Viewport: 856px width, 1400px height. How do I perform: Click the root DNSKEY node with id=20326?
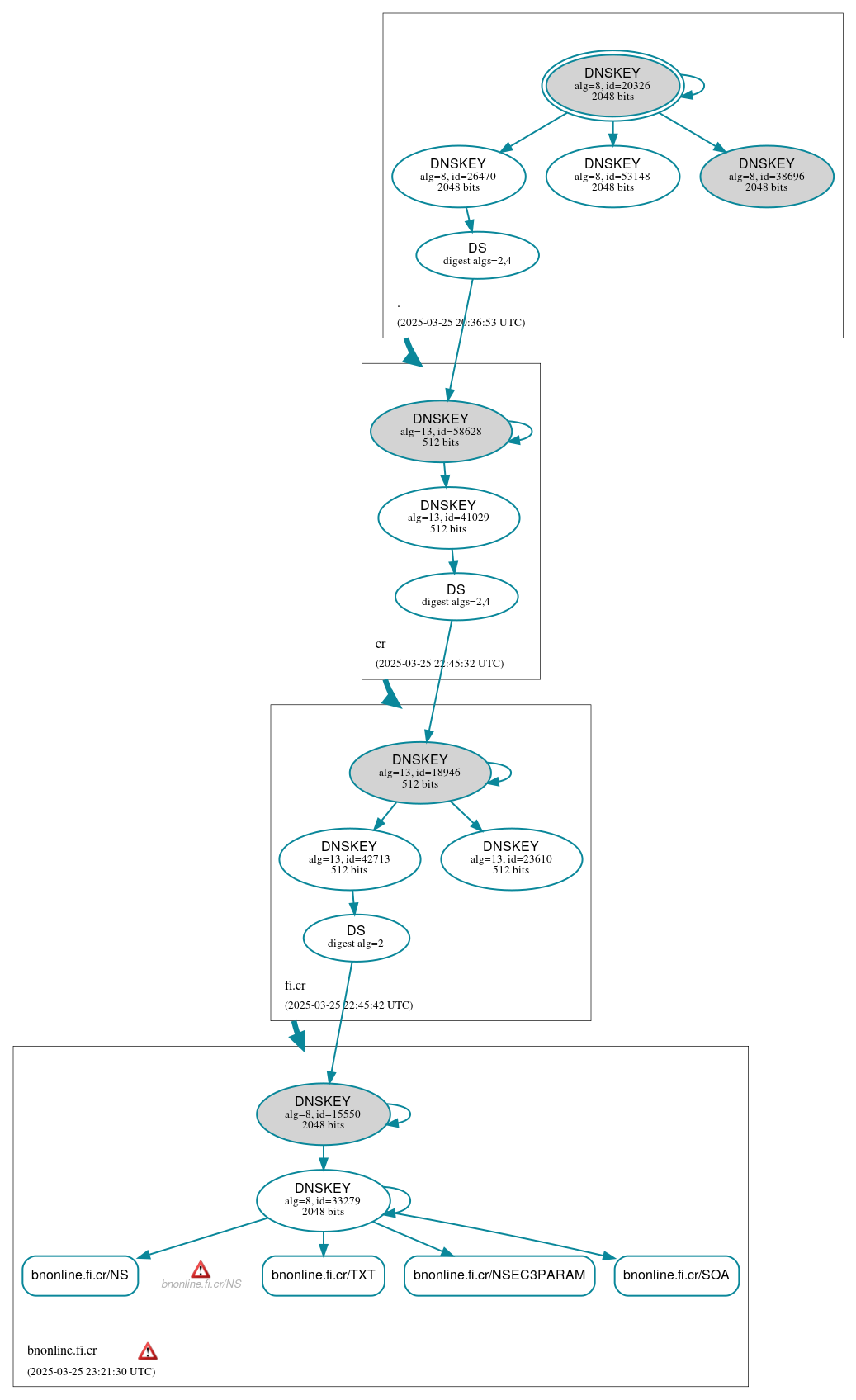(x=612, y=85)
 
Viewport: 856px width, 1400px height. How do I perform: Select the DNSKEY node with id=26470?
(x=458, y=176)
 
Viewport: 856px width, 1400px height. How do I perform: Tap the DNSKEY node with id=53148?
(x=612, y=176)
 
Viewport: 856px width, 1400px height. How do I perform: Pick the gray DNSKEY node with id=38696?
(x=766, y=176)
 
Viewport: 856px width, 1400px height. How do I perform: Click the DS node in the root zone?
(x=477, y=255)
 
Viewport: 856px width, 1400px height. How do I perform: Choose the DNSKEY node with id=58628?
(x=441, y=431)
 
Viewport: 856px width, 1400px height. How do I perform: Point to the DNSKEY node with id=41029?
(x=448, y=518)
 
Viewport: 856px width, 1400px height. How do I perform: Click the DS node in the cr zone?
(x=456, y=596)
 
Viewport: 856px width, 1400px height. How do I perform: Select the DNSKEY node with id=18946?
(x=420, y=773)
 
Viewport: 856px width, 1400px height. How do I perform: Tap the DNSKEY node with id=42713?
(x=349, y=858)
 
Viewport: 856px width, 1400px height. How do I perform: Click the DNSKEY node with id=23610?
(x=511, y=858)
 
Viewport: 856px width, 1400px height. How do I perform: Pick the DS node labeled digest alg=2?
(x=356, y=938)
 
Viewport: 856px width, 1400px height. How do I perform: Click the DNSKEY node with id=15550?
(x=323, y=1114)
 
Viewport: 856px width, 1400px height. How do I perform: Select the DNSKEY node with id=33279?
(x=323, y=1200)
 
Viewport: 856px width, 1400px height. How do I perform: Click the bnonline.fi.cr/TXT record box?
(x=323, y=1275)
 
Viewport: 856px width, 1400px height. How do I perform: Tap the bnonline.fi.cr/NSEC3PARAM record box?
(x=499, y=1275)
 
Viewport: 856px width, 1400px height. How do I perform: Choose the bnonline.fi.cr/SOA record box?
(x=676, y=1275)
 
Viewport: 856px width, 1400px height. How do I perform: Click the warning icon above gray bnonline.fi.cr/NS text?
(x=201, y=1270)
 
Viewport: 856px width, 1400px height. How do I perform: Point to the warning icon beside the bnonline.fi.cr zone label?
(x=148, y=1351)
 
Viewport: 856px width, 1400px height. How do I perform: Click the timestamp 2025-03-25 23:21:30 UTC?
(x=91, y=1371)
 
